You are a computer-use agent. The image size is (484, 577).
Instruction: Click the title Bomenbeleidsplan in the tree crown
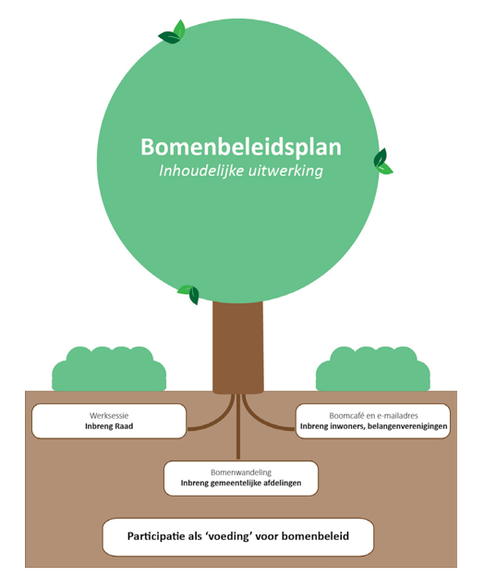coord(241,147)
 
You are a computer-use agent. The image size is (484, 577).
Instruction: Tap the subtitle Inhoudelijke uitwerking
coord(241,171)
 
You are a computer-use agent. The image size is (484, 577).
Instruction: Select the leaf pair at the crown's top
coord(172,32)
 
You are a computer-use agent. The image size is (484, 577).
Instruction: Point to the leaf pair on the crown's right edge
coord(382,162)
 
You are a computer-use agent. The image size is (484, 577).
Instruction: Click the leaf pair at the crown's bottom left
coord(189,294)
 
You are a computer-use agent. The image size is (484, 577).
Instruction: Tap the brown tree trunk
coord(238,348)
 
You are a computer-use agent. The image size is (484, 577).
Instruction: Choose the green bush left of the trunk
coord(109,369)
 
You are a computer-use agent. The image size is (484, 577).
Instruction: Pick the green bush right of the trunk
coord(372,369)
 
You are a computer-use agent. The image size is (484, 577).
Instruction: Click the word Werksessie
coord(109,416)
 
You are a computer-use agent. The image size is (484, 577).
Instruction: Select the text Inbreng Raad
coord(109,426)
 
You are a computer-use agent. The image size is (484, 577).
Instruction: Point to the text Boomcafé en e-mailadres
coord(374,416)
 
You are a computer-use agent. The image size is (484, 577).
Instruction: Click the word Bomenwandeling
coord(241,473)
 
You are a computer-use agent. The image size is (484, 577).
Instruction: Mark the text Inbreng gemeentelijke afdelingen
coord(241,483)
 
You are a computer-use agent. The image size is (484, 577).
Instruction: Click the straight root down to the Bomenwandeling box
coord(238,426)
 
